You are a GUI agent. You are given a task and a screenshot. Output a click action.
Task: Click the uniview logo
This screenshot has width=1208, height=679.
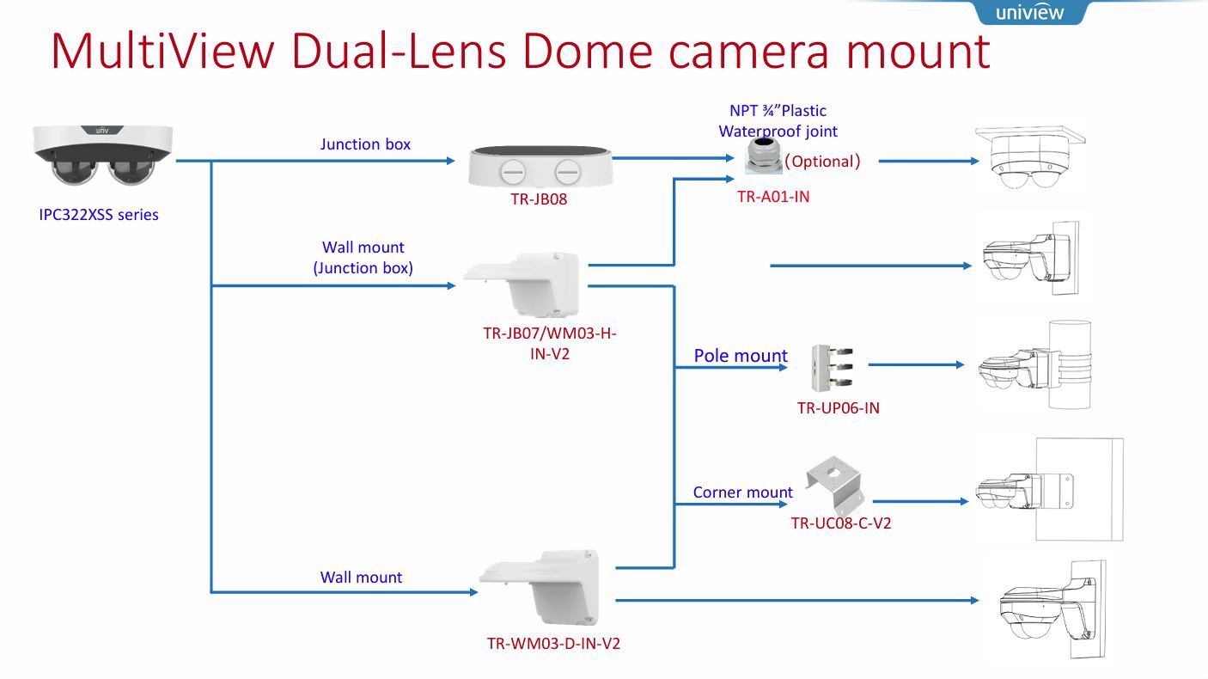[1028, 12]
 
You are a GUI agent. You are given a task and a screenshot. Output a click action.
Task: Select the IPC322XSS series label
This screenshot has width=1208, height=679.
[99, 215]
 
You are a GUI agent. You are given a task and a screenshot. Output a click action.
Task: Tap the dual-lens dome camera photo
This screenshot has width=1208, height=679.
[103, 155]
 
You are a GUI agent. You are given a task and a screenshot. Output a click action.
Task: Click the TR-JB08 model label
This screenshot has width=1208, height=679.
[539, 199]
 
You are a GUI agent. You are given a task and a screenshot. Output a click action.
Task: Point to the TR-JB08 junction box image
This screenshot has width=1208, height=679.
[540, 166]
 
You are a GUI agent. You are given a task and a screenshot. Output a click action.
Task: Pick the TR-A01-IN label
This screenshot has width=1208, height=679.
[773, 196]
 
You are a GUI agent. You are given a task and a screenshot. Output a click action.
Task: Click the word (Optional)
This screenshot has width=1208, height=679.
[822, 161]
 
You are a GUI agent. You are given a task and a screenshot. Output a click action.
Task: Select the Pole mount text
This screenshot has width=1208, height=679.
[741, 356]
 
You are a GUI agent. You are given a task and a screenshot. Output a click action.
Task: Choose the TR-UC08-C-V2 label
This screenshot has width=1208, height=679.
[841, 523]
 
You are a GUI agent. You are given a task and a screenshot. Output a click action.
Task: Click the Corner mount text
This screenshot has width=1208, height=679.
[743, 492]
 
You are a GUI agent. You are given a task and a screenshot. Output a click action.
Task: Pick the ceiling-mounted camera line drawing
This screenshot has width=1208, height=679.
[1030, 158]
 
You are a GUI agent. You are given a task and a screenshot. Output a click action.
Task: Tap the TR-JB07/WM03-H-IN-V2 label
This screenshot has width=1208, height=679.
[550, 343]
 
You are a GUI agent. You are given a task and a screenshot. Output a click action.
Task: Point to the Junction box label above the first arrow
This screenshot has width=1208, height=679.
[365, 144]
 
